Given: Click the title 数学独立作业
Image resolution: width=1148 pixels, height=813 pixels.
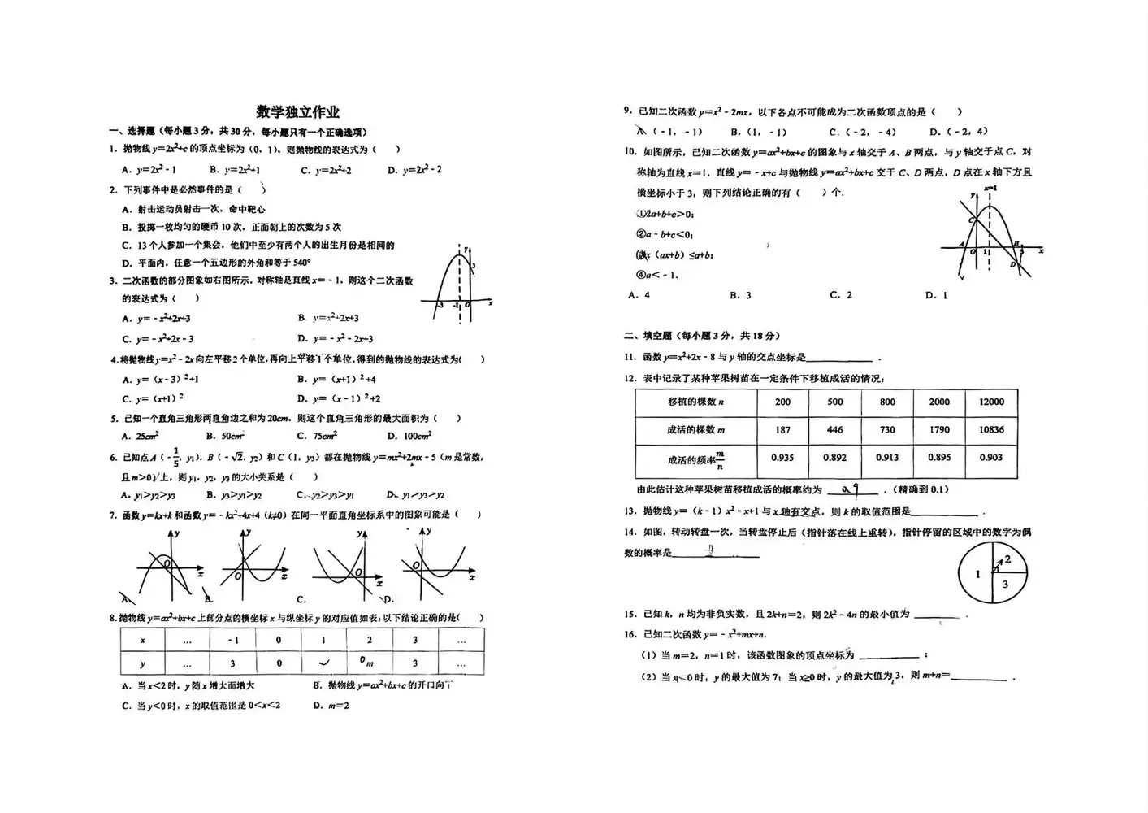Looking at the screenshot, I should tap(297, 112).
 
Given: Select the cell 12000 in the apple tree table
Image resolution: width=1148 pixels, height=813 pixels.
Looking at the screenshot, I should tap(991, 402).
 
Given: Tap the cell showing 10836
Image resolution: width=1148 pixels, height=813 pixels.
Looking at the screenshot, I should tap(991, 430).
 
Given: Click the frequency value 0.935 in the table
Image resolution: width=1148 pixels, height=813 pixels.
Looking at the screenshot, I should tap(782, 458).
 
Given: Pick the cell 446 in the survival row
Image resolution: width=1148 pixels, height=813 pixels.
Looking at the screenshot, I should tap(834, 430).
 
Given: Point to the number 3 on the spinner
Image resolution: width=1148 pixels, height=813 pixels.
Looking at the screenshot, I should tap(1005, 584).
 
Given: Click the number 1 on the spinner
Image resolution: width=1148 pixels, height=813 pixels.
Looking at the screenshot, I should tap(977, 574).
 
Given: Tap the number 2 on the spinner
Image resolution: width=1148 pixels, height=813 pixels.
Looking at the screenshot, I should tap(1007, 559).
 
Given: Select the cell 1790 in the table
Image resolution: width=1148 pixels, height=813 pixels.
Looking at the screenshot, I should tap(939, 430).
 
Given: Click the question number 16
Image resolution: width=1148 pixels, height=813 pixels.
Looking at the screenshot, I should tap(630, 635).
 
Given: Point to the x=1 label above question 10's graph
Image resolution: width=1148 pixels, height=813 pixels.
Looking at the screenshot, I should tap(990, 189).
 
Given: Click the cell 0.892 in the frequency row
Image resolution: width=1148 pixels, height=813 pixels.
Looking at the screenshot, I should tap(834, 458).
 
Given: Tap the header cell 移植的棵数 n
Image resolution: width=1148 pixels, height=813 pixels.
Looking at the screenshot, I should tap(695, 402).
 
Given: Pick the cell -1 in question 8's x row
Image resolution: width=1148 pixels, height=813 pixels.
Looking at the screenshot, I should tap(232, 641).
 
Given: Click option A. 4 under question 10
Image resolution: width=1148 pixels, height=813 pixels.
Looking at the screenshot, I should tap(639, 295).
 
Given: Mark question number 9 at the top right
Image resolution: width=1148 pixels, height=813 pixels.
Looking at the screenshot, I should tap(627, 112).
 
